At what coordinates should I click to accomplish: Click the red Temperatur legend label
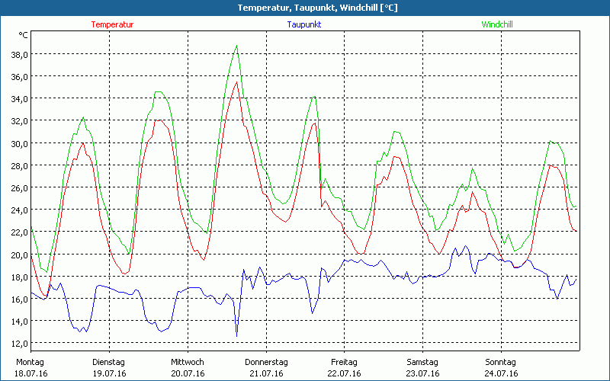click(x=112, y=24)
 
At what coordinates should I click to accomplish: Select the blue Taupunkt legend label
click(x=303, y=24)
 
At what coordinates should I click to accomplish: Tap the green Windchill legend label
click(x=496, y=24)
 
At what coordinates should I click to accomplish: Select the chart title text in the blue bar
click(x=305, y=8)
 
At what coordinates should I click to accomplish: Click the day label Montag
click(x=30, y=362)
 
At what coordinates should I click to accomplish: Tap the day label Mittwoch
click(x=188, y=362)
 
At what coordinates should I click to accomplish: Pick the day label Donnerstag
click(x=266, y=362)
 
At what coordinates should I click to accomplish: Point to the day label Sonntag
click(x=501, y=362)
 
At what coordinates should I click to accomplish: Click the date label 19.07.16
click(x=108, y=373)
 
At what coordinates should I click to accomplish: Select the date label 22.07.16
click(x=345, y=373)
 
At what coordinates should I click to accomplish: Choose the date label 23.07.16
click(x=422, y=373)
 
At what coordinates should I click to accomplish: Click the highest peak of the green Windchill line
click(x=237, y=46)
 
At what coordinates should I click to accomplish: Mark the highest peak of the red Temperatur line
click(x=236, y=82)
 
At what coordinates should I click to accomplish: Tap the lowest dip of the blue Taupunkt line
click(x=236, y=336)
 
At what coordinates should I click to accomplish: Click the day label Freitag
click(x=345, y=362)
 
